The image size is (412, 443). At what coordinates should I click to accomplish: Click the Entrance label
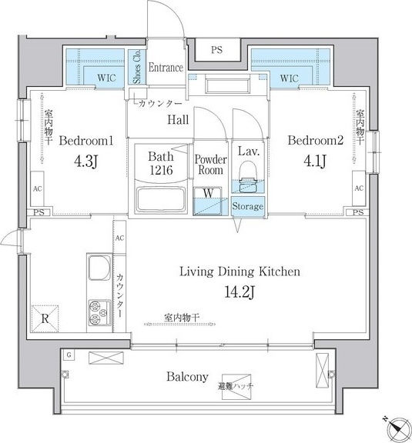tap(166, 68)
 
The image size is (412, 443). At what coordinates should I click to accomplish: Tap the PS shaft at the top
tap(217, 50)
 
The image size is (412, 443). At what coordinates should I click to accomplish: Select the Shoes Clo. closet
tap(137, 67)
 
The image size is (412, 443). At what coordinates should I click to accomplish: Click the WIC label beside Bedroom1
tap(107, 78)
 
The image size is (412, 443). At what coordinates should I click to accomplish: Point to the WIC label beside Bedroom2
tap(290, 78)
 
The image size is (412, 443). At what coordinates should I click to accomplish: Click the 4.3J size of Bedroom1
tap(85, 162)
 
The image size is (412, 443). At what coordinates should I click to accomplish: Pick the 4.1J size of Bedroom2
tap(315, 162)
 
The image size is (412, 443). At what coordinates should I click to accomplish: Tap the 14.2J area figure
tap(239, 291)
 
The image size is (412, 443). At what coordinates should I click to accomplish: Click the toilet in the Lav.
tap(248, 177)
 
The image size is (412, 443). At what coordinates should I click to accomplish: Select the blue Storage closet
tap(248, 207)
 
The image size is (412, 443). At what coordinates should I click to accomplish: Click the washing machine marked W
tap(207, 201)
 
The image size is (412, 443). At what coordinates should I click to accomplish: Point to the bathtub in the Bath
tap(161, 199)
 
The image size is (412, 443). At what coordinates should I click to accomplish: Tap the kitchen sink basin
tap(99, 268)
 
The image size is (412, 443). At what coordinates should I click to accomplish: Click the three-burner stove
tap(99, 312)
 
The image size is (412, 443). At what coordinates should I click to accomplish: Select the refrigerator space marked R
tap(45, 318)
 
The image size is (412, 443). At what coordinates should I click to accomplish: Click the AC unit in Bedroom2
tap(359, 188)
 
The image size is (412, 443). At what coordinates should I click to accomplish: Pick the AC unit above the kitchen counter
tap(119, 238)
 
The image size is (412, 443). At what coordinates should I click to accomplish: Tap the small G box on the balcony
tap(69, 355)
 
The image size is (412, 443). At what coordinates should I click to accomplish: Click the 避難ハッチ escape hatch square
tap(236, 387)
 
